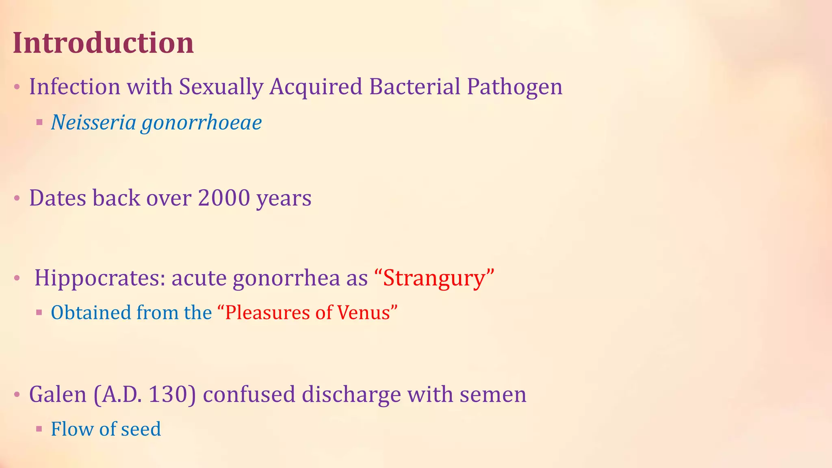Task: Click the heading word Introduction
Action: click(x=103, y=43)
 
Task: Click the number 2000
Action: click(x=224, y=198)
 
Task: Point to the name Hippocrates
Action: click(x=99, y=278)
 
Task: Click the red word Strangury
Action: click(x=434, y=278)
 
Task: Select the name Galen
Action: click(x=58, y=394)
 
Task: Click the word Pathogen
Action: click(x=514, y=87)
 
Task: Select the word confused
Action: click(x=249, y=394)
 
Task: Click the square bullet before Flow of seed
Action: click(x=39, y=429)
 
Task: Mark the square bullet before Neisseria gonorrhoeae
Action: click(x=39, y=122)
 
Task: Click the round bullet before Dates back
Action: click(x=17, y=198)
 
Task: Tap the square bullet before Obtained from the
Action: click(x=39, y=312)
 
